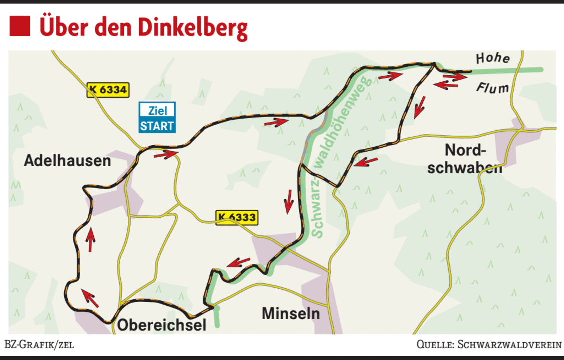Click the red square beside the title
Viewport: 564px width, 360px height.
point(20,26)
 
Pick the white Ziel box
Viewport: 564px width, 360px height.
point(157,110)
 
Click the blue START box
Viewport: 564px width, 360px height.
point(157,125)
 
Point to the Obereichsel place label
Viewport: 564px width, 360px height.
point(162,325)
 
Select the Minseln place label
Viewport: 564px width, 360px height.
point(291,313)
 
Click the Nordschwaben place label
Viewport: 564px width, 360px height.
point(465,159)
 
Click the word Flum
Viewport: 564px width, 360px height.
point(492,89)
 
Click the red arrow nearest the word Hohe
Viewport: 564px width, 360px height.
point(458,76)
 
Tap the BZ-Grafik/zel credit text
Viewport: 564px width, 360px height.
point(40,344)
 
